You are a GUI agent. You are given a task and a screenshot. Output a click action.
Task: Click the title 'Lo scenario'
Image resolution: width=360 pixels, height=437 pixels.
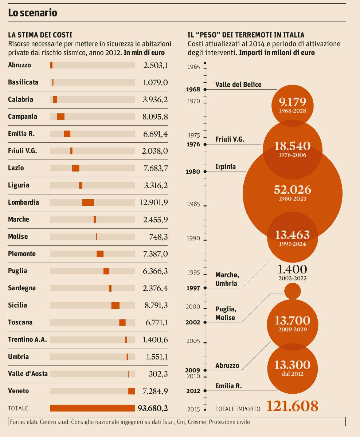[x=33, y=13]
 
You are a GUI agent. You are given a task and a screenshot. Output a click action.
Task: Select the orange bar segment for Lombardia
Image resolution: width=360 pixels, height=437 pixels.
[x=88, y=202]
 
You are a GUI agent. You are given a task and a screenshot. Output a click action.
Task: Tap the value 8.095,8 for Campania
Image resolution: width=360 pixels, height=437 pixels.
[x=156, y=117]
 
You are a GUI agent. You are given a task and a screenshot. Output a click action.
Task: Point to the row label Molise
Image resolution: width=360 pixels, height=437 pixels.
[x=18, y=237]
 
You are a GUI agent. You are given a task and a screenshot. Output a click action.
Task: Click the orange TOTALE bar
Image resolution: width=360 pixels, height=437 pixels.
[x=92, y=408]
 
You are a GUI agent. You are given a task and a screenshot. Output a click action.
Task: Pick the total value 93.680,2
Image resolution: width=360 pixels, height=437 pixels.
[x=153, y=408]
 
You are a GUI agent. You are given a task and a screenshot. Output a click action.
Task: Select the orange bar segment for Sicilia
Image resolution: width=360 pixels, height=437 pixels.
[x=116, y=306]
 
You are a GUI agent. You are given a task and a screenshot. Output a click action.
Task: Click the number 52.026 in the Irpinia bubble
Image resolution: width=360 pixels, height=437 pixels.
[x=293, y=190]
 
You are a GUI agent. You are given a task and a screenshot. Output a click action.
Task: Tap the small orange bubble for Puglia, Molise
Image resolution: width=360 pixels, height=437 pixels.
[x=292, y=291]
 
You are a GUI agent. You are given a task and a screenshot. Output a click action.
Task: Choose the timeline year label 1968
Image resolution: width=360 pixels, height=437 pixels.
[x=193, y=89]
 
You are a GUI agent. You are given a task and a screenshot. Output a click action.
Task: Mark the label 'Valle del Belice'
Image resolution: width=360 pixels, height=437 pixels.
[x=238, y=84]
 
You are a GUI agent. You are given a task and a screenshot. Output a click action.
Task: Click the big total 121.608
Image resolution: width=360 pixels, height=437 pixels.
[x=292, y=406]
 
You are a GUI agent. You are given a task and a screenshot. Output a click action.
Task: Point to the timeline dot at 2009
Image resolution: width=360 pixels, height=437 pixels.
[x=205, y=370]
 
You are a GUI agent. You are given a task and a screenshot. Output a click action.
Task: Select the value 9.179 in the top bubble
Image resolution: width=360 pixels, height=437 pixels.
[x=293, y=102]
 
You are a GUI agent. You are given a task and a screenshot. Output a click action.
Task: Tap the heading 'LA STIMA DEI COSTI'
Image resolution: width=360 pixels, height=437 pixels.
[x=40, y=35]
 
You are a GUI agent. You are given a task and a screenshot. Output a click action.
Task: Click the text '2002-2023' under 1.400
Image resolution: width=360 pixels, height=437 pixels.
[x=292, y=278]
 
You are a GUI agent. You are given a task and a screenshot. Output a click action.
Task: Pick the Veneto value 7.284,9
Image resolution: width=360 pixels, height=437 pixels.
[x=156, y=391]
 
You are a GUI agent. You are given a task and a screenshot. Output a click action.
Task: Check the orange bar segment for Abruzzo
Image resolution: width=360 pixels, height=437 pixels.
[x=51, y=65]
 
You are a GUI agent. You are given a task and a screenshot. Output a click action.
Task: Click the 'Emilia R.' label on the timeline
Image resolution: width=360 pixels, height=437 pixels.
[x=228, y=386]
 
